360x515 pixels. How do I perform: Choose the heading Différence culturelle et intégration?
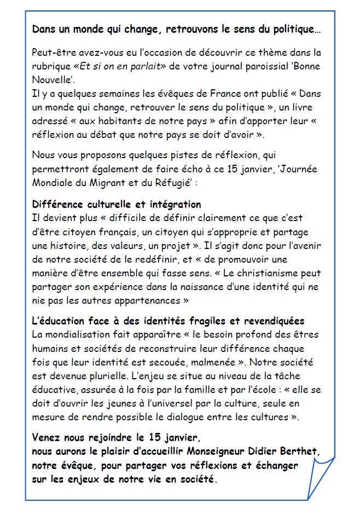[x=117, y=204]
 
